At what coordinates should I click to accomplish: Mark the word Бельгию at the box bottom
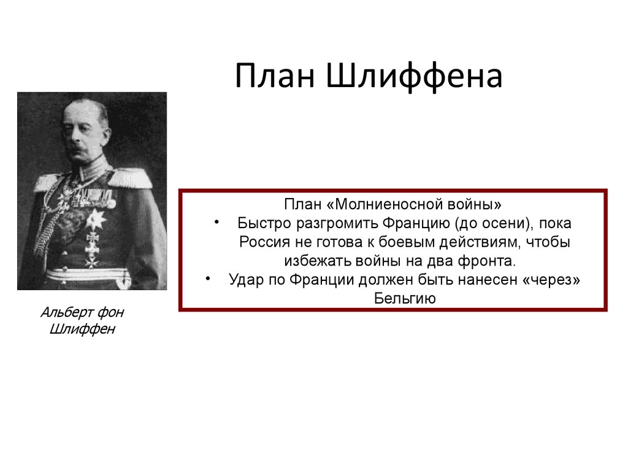(405, 299)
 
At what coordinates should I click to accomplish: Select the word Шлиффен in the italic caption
(82, 330)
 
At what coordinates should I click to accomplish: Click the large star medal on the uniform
(94, 219)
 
